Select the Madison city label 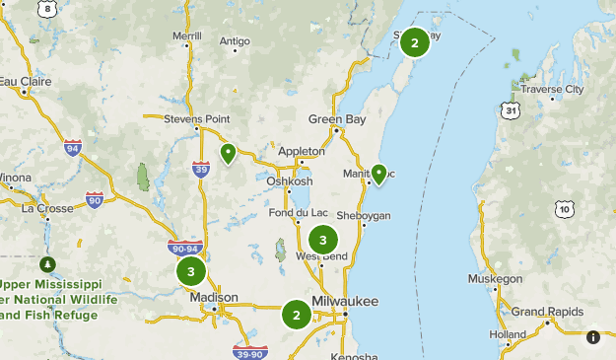pyautogui.click(x=214, y=297)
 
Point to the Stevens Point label pyautogui.click(x=196, y=118)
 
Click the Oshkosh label pyautogui.click(x=289, y=181)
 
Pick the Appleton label pyautogui.click(x=301, y=151)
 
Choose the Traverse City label pyautogui.click(x=552, y=89)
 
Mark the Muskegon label pyautogui.click(x=495, y=279)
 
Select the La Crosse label pyautogui.click(x=47, y=208)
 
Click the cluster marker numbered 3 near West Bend pyautogui.click(x=322, y=240)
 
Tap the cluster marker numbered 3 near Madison pyautogui.click(x=191, y=270)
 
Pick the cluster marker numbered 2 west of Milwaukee pyautogui.click(x=296, y=315)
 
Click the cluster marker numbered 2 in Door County pyautogui.click(x=415, y=42)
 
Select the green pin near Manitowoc pyautogui.click(x=377, y=175)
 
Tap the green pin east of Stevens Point pyautogui.click(x=228, y=154)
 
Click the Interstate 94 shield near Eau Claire pyautogui.click(x=72, y=149)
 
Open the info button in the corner pyautogui.click(x=593, y=337)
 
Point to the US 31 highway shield pyautogui.click(x=510, y=108)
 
